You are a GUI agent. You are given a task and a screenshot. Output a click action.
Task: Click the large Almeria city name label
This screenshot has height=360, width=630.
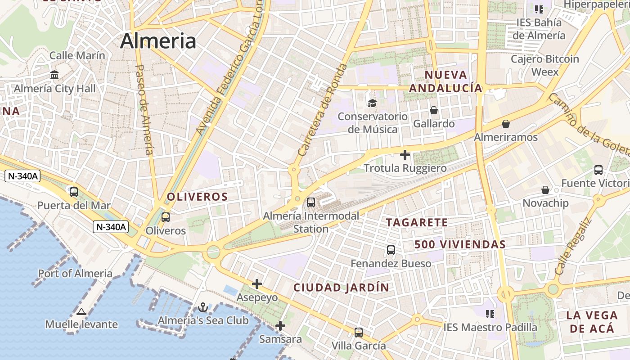[158, 41]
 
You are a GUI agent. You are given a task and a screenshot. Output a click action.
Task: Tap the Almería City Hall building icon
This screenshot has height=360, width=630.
[55, 75]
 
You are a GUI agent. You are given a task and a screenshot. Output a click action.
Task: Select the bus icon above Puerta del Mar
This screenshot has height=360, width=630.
[74, 192]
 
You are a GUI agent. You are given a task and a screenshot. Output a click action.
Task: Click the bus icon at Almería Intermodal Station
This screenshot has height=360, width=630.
[311, 202]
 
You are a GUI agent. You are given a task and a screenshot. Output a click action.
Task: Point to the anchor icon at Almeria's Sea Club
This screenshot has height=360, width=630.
[203, 307]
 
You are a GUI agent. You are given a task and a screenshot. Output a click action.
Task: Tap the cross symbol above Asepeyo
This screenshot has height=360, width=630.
[257, 284]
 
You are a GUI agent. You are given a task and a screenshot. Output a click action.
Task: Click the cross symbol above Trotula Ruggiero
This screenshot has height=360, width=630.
[405, 155]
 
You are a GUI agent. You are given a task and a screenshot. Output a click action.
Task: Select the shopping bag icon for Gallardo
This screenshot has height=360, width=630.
[434, 110]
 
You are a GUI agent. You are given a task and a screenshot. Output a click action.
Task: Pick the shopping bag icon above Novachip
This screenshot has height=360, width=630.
[545, 190]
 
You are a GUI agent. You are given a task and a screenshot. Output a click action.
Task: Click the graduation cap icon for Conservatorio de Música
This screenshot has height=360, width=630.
[372, 103]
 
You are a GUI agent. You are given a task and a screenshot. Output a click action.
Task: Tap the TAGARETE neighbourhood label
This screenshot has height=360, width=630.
[417, 222]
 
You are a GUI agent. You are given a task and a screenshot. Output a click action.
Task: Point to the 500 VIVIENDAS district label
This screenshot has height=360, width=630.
[460, 244]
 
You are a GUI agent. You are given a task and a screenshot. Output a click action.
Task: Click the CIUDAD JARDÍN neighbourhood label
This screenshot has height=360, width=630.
[341, 288]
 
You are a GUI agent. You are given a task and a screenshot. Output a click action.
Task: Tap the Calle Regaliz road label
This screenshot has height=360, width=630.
[572, 247]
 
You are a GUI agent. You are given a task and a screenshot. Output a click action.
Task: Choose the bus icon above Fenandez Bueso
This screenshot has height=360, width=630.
[391, 250]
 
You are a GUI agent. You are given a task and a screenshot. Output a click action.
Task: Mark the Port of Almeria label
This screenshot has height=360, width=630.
[75, 273]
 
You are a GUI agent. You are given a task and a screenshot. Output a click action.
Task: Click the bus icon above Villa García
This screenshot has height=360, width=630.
[359, 333]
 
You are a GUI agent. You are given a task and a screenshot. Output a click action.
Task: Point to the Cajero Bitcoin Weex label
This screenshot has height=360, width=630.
[544, 65]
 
